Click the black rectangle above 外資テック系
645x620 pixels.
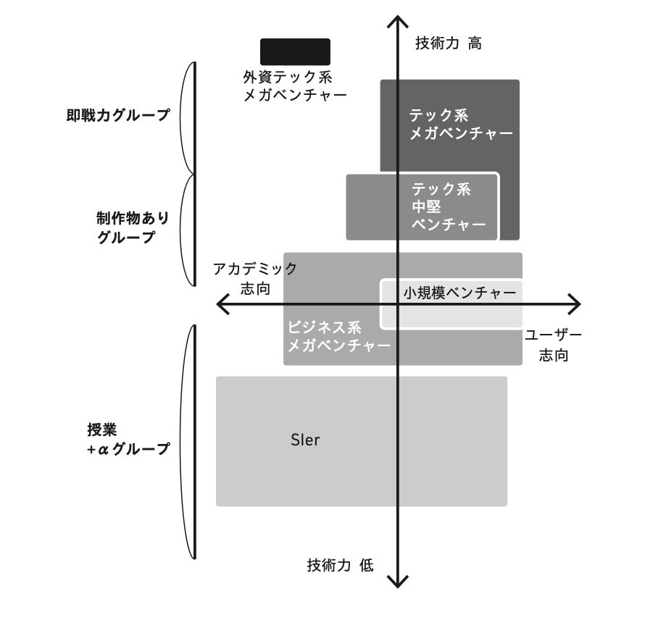coord(295,51)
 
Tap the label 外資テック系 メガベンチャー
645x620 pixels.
coord(295,85)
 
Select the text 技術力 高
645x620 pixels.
coord(448,43)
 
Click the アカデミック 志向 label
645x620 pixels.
coord(255,278)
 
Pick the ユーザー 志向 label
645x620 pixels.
coord(553,345)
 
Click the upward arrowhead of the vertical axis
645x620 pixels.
coord(396,22)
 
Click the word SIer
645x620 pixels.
coord(304,440)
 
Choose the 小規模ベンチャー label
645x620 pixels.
coord(459,293)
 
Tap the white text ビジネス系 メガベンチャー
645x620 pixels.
coord(338,335)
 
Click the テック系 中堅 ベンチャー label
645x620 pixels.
coord(447,206)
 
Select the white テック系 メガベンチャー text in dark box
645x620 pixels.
coord(460,124)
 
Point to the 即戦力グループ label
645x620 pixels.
coord(117,115)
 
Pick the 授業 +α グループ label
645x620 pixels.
coord(128,438)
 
